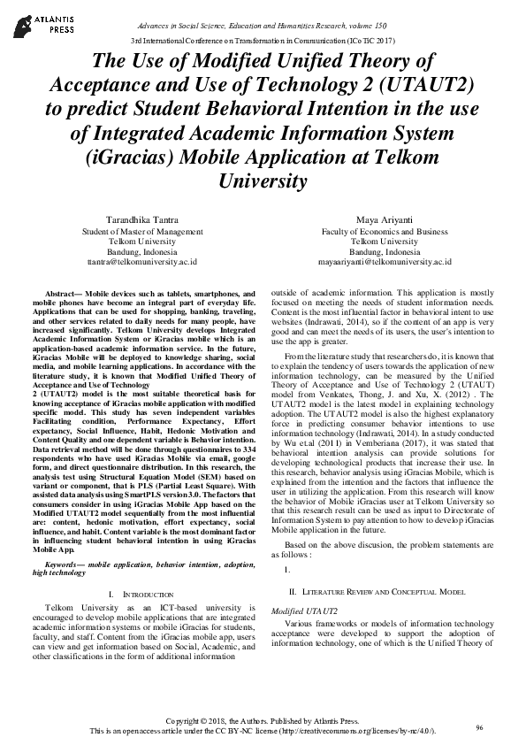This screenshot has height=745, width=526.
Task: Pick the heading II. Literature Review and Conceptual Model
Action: [x=385, y=588]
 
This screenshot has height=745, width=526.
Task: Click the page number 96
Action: [x=479, y=726]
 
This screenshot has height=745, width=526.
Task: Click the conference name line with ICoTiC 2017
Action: [x=263, y=41]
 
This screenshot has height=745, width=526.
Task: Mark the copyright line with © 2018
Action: [x=263, y=722]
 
